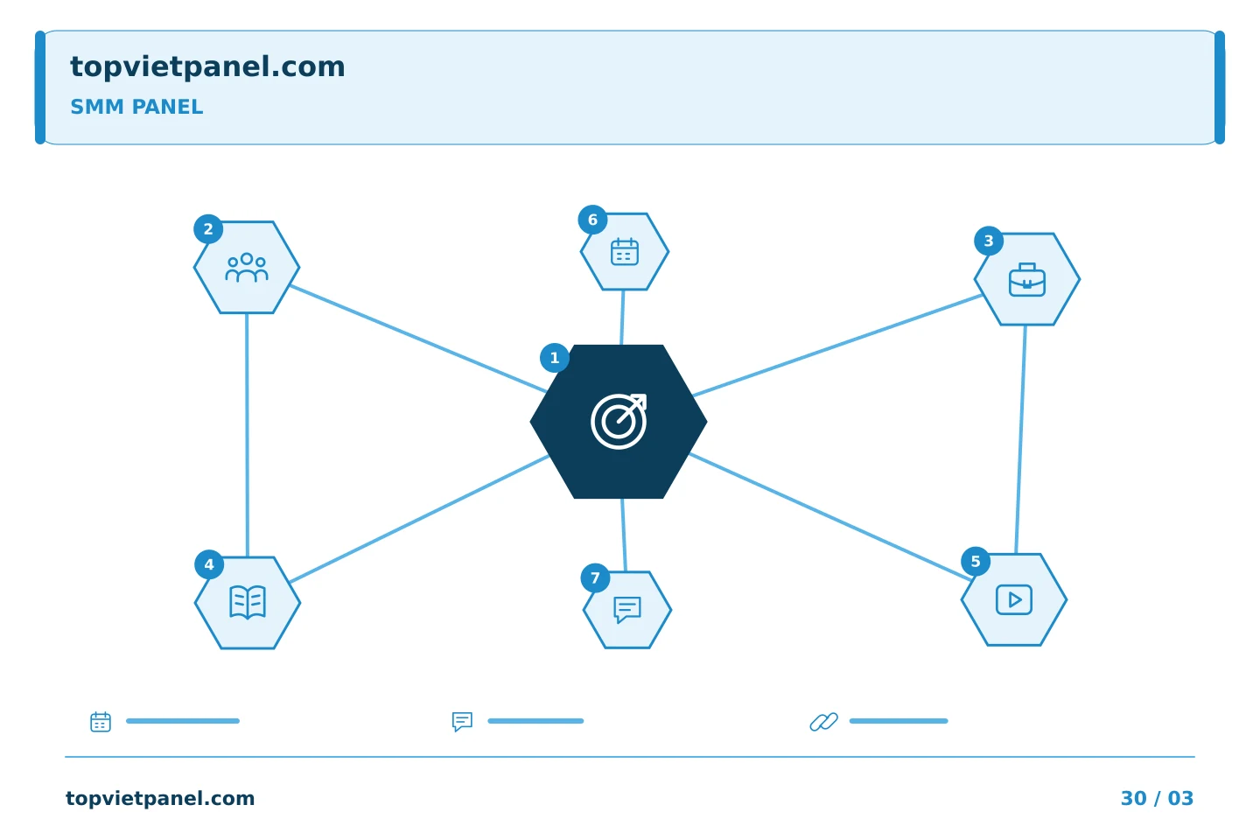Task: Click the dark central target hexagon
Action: pyautogui.click(x=618, y=422)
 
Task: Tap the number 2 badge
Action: pyautogui.click(x=208, y=229)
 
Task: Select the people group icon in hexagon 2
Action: pyautogui.click(x=247, y=267)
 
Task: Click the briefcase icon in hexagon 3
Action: pyautogui.click(x=1026, y=280)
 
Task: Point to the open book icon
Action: pyautogui.click(x=248, y=602)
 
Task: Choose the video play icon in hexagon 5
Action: pyautogui.click(x=1013, y=599)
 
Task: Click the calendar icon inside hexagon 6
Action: pyautogui.click(x=625, y=251)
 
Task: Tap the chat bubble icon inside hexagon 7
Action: pyautogui.click(x=627, y=610)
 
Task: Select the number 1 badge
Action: pyautogui.click(x=554, y=358)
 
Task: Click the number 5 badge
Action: pyautogui.click(x=976, y=561)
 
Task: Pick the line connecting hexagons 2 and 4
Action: pyautogui.click(x=247, y=435)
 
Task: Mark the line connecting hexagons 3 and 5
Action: pyautogui.click(x=1020, y=439)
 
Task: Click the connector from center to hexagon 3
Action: pyautogui.click(x=837, y=346)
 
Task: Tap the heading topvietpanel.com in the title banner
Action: pyautogui.click(x=207, y=67)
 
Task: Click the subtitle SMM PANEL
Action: pyautogui.click(x=136, y=107)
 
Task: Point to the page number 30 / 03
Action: pyautogui.click(x=1157, y=798)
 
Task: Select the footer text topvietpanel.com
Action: pyautogui.click(x=160, y=798)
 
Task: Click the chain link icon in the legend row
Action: pyautogui.click(x=823, y=721)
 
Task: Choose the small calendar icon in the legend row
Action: pyautogui.click(x=101, y=721)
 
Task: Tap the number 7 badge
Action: pyautogui.click(x=595, y=577)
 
